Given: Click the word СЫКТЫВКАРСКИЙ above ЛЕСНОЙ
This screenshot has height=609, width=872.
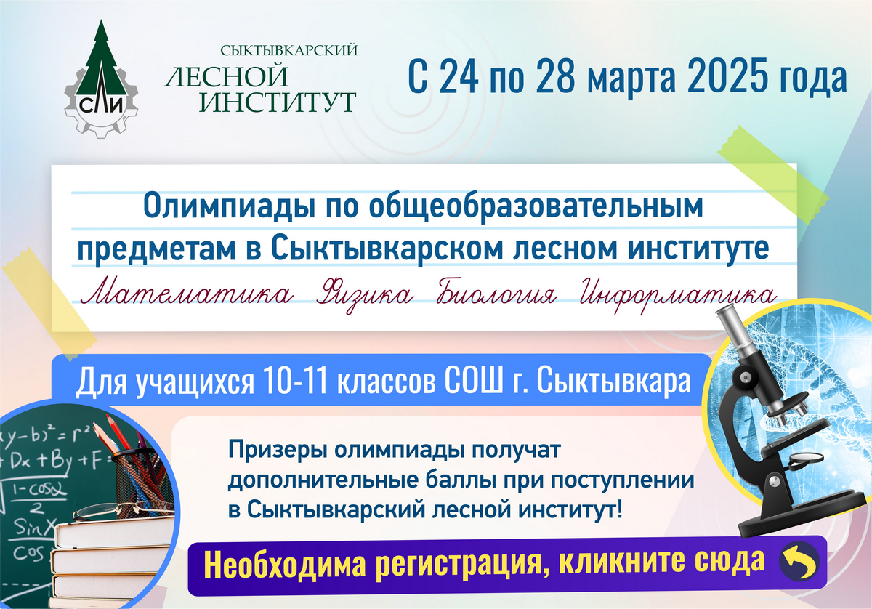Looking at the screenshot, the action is pos(289,50).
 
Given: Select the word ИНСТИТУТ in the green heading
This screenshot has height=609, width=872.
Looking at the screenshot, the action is pos(278,102).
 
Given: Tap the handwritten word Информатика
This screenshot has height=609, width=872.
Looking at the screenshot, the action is pos(677,295).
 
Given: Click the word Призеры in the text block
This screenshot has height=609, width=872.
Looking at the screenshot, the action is pos(277,451).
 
